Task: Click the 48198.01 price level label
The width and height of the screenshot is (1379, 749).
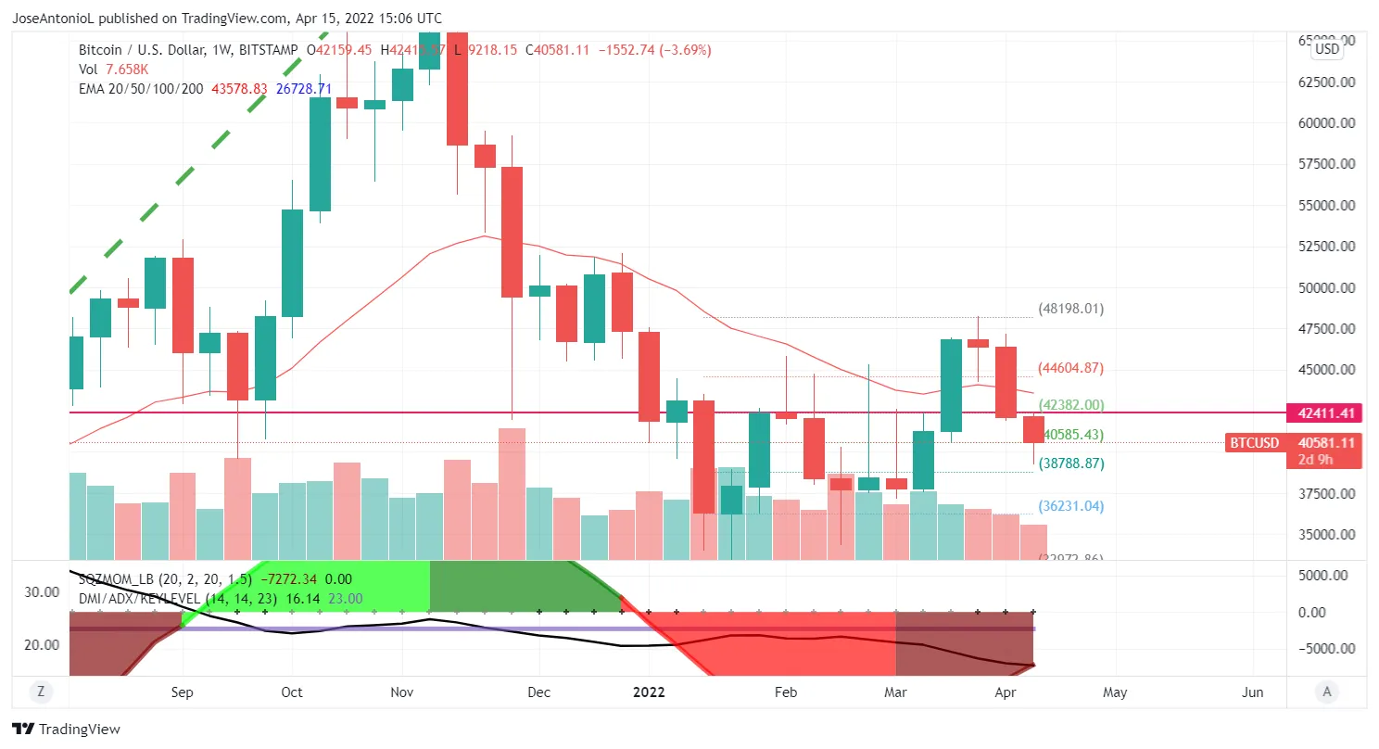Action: point(1070,309)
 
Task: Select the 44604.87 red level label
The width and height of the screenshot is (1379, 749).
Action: point(1070,368)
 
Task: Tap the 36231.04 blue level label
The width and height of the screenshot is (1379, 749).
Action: point(1070,506)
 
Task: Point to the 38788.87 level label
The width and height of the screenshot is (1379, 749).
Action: point(1070,463)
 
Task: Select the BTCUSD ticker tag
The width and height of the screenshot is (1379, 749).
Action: point(1253,443)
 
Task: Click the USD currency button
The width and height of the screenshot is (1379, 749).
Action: point(1327,49)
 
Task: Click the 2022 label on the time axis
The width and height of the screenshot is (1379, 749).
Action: point(649,692)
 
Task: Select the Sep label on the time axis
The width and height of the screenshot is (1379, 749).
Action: point(183,692)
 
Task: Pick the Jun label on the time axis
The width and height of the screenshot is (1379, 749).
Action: point(1252,692)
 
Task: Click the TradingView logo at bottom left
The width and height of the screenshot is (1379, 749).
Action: point(66,730)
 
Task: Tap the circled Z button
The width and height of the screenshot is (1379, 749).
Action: point(40,691)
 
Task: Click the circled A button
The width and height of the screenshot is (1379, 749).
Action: point(1327,691)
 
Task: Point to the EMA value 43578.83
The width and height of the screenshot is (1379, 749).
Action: point(239,88)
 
